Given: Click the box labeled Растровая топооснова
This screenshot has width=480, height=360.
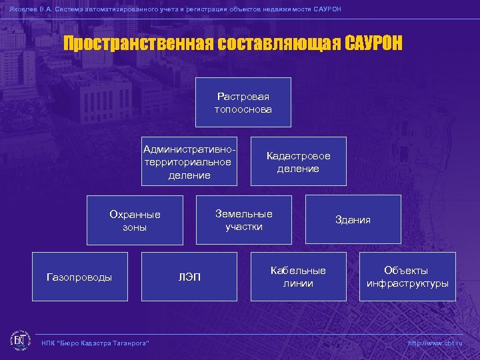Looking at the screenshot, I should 243,102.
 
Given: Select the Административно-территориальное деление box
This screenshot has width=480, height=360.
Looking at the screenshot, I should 189,161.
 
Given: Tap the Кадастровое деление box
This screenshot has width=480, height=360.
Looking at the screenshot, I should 298,161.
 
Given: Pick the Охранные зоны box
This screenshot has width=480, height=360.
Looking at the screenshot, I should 135,220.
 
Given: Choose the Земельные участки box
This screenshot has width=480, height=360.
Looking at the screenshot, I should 243,219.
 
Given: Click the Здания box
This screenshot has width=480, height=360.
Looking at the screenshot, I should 353,219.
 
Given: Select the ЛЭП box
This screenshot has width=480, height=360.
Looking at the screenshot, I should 189,277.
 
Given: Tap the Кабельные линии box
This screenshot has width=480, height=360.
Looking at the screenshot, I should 298,277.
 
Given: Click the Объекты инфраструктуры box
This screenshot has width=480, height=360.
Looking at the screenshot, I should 407,277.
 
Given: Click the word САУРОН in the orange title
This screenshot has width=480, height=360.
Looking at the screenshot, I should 374,43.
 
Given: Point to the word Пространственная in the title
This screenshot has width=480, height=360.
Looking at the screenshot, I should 137,43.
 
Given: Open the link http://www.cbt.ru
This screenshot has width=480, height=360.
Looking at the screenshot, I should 434,343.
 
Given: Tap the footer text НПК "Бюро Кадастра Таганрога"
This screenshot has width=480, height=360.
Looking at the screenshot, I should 95,343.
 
